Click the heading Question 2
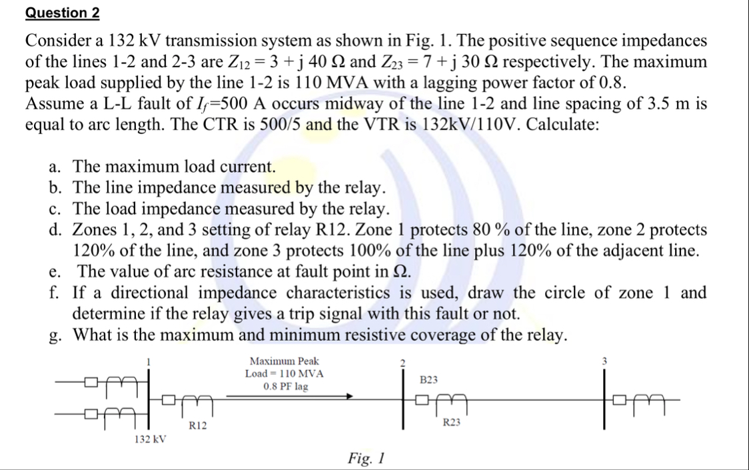(x=57, y=13)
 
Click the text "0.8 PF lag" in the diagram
(x=286, y=386)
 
